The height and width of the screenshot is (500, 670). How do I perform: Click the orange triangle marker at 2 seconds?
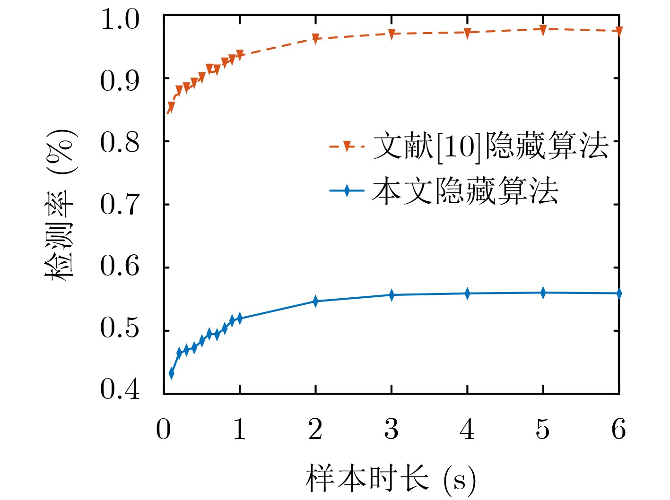pos(315,39)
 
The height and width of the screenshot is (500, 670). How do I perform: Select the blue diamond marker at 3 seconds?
pos(392,295)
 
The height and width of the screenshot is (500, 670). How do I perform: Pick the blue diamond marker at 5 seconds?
pos(543,293)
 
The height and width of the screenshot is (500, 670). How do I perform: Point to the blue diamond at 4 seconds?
pos(467,293)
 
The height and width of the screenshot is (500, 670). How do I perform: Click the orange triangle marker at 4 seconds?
pos(467,33)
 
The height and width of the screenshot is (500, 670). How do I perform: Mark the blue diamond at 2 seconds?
pos(315,301)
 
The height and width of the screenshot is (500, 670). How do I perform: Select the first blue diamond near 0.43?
pos(171,373)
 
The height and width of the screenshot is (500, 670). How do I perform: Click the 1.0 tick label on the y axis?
pos(120,20)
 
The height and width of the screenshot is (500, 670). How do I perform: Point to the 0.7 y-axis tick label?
pos(120,205)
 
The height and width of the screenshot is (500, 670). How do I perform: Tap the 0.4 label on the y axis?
pos(120,389)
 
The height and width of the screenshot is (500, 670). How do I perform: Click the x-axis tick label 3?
pos(391,430)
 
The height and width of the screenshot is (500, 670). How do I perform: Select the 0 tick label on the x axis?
pos(164,430)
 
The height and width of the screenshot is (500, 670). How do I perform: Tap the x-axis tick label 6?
pos(618,430)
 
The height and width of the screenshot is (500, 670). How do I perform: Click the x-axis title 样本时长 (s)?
pos(391,479)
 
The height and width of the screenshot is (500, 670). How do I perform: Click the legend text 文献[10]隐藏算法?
pos(490,146)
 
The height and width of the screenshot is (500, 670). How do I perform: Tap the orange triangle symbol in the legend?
pos(347,146)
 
